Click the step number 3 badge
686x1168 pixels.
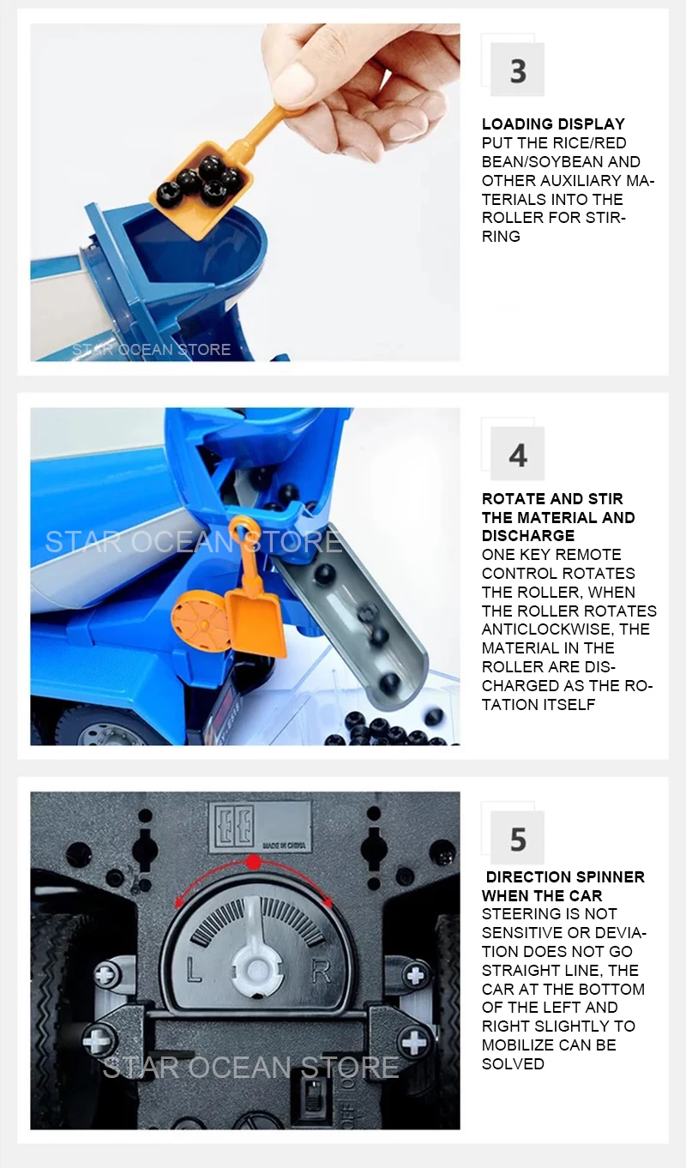pyautogui.click(x=517, y=69)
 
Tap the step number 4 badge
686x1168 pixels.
pyautogui.click(x=517, y=454)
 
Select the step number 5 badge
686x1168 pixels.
pyautogui.click(x=517, y=838)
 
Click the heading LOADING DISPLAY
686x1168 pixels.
pyautogui.click(x=553, y=124)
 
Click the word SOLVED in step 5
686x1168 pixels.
pyautogui.click(x=513, y=1063)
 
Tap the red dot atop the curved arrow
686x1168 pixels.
pyautogui.click(x=253, y=863)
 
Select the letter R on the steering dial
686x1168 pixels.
pyautogui.click(x=321, y=971)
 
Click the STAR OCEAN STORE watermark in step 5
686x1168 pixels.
pyautogui.click(x=250, y=1067)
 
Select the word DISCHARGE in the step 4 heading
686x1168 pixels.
pyautogui.click(x=528, y=535)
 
